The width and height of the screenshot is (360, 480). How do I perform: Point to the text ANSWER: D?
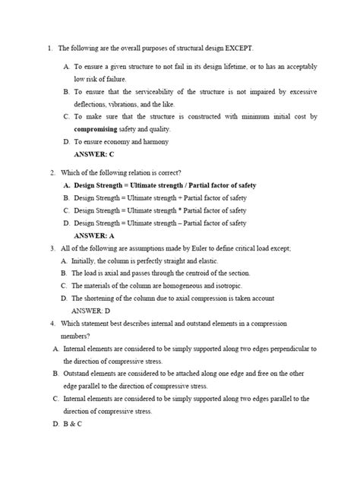click(90, 310)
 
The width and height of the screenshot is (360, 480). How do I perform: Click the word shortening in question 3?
click(101, 298)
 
